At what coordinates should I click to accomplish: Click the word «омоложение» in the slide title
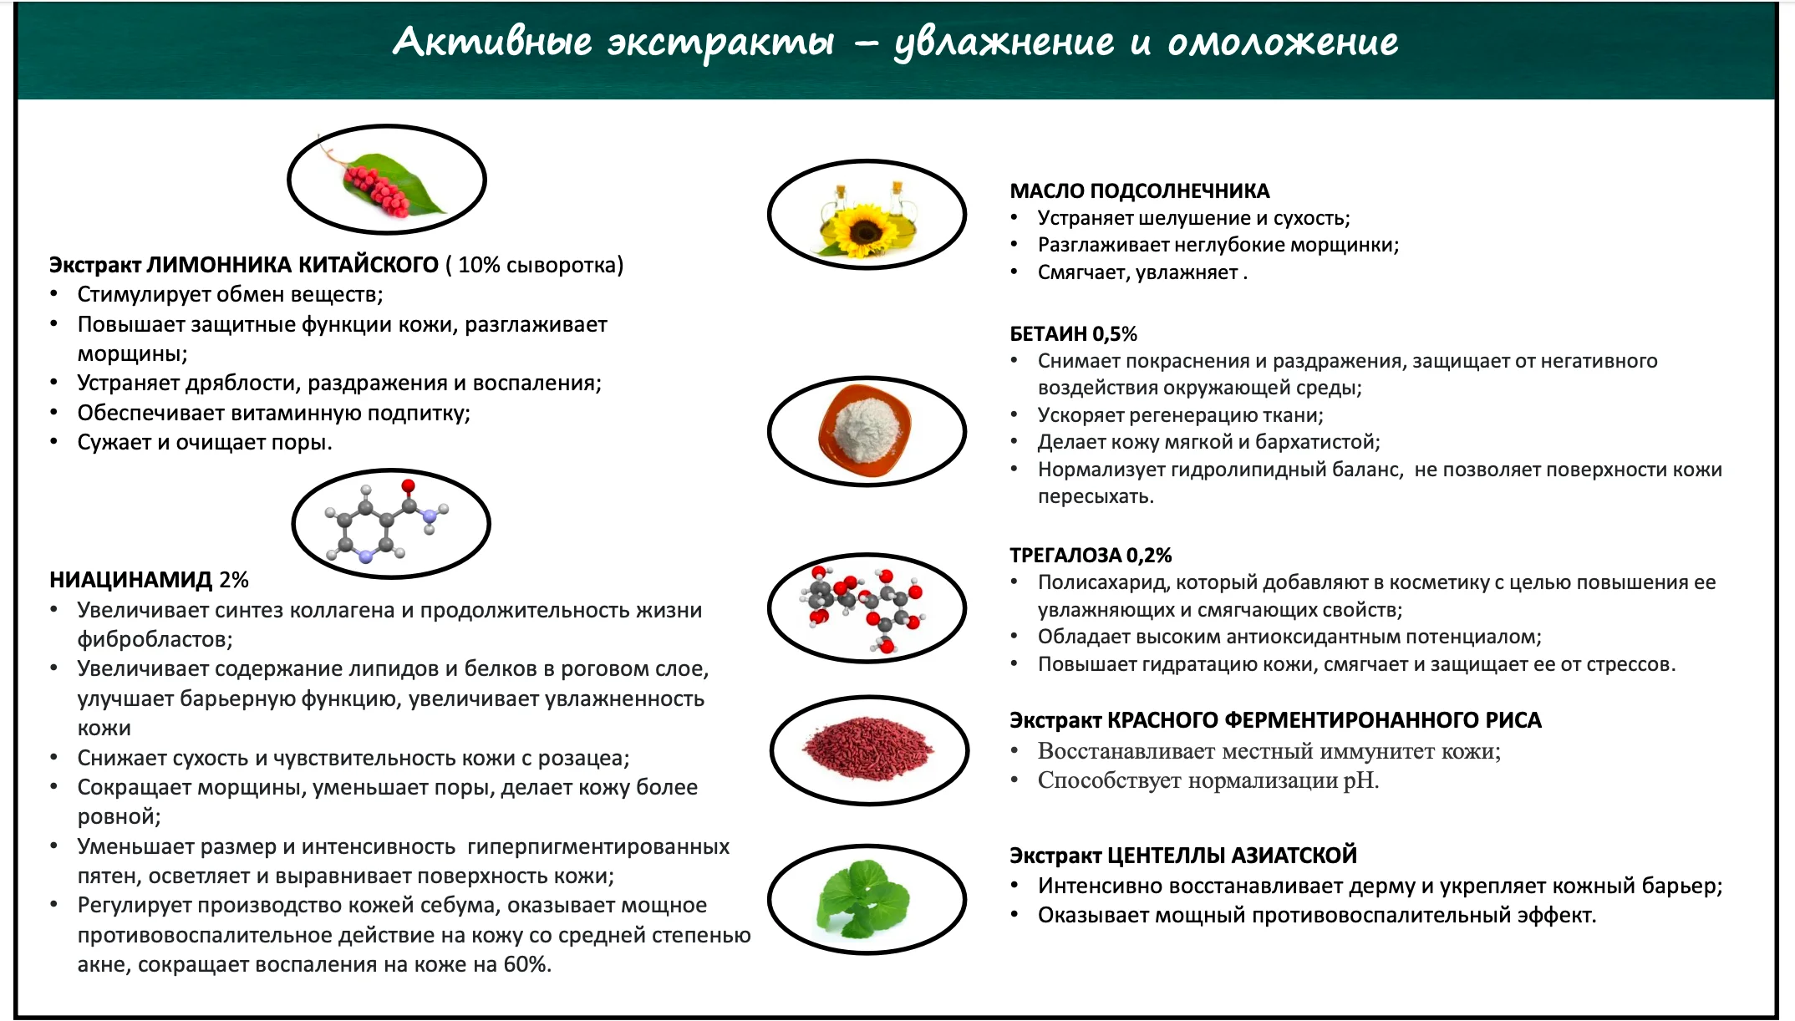coord(1283,42)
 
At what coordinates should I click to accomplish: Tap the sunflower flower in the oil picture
coord(864,228)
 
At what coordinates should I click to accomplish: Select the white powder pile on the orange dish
coord(864,427)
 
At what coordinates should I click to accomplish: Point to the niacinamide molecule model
coord(387,522)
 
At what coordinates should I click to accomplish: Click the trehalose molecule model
coord(864,607)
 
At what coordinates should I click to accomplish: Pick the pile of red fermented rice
coord(867,748)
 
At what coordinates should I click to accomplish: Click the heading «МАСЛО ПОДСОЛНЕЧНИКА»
coord(1139,191)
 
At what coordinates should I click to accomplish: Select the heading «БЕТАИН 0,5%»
coord(1073,334)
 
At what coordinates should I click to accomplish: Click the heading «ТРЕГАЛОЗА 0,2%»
coord(1091,556)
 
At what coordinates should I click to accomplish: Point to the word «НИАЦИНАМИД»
coord(131,580)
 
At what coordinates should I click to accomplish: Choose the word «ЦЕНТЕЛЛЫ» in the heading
coord(1163,856)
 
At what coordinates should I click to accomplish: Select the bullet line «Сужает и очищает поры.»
coord(205,442)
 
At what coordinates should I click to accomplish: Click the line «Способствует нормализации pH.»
coord(1208,780)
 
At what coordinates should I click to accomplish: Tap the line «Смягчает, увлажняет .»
coord(1142,272)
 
